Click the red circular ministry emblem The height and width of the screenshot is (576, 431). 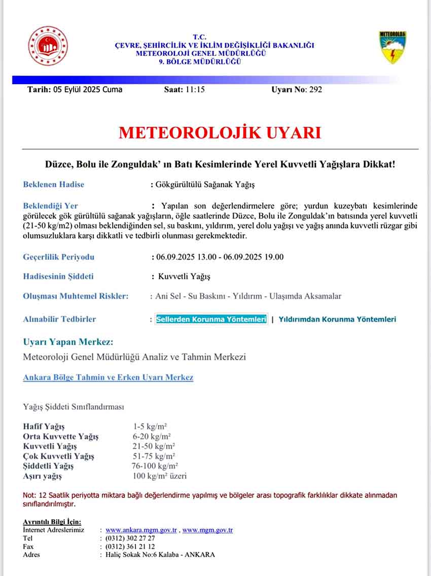click(x=48, y=47)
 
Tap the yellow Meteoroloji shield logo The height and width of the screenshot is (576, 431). click(x=393, y=47)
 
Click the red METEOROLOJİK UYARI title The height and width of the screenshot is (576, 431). click(x=220, y=133)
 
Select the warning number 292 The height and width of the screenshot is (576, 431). click(x=315, y=90)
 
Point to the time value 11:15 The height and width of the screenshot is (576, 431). click(x=195, y=90)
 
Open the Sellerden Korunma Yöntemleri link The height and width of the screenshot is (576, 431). click(x=211, y=319)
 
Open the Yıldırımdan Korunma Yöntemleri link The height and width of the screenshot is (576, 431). click(x=337, y=319)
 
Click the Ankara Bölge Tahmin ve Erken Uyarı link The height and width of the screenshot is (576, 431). click(x=108, y=377)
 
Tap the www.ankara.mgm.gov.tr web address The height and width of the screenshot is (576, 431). click(x=141, y=530)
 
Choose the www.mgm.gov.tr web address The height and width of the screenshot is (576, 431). click(x=207, y=530)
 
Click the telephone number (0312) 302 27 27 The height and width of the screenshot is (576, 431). click(x=130, y=538)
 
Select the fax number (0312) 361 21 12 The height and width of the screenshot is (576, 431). click(x=130, y=547)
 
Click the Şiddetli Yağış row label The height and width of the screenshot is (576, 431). click(x=48, y=466)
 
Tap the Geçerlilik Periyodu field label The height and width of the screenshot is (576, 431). click(x=58, y=257)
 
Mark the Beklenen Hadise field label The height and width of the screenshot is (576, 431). click(x=54, y=184)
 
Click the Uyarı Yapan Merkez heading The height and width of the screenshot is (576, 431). click(x=68, y=341)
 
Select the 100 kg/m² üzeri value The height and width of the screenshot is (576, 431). click(x=159, y=476)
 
